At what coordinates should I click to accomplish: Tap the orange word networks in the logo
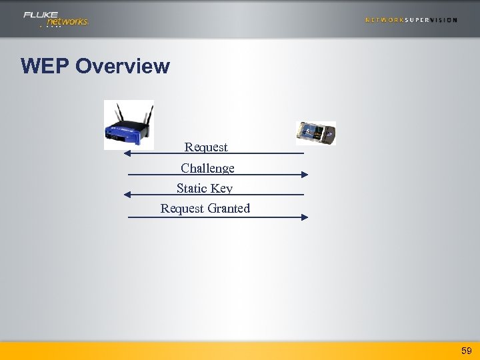67,22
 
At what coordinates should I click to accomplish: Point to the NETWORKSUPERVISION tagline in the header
411,20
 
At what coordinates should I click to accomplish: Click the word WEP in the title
45,67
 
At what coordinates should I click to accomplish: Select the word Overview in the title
123,67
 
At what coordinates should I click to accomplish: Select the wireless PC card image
315,133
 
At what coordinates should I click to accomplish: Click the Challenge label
207,168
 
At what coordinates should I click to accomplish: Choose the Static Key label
204,188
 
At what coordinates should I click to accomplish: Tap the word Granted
228,208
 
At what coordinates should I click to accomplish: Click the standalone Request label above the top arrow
206,147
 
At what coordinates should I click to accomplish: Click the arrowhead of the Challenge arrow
305,175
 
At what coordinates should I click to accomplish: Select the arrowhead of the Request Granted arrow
305,217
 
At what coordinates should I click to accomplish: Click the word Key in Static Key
221,188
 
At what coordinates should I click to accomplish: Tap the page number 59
466,350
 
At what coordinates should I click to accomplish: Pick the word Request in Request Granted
182,208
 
